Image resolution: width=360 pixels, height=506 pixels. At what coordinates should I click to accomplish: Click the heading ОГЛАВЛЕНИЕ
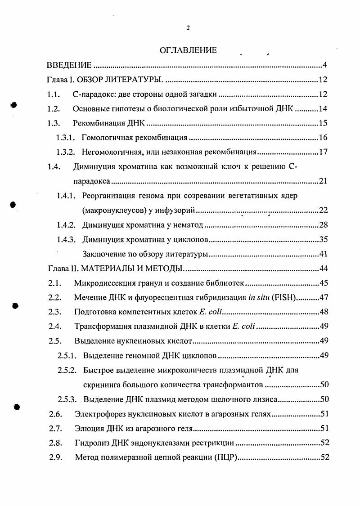(x=188, y=50)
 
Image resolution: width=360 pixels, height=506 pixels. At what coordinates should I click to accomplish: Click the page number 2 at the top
(x=188, y=28)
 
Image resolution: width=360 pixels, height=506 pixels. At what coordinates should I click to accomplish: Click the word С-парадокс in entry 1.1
(x=92, y=94)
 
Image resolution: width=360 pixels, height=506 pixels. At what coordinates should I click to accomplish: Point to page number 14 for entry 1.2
(x=323, y=109)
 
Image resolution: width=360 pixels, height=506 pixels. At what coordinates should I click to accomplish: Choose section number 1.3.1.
(x=66, y=138)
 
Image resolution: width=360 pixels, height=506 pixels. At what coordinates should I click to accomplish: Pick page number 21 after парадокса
(x=323, y=181)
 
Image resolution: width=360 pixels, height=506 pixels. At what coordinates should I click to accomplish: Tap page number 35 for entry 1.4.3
(x=323, y=240)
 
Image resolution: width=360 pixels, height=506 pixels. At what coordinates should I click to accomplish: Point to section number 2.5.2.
(x=67, y=370)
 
